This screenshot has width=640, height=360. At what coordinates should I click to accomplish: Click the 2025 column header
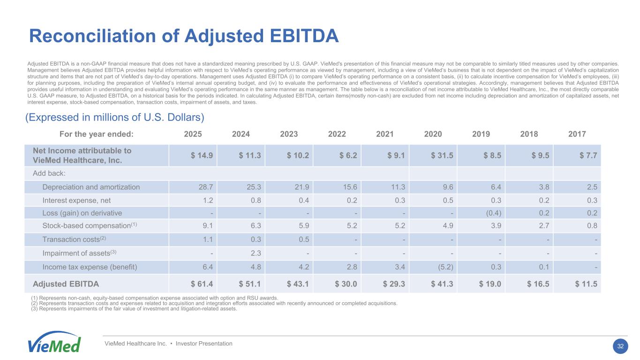coord(193,134)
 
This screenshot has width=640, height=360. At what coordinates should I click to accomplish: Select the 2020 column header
coord(433,134)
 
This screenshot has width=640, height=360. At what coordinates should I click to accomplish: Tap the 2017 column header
coord(577,134)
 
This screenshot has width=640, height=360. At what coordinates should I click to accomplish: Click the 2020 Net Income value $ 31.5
coord(442,156)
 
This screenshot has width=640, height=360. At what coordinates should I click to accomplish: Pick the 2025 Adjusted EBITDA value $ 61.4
coord(202,284)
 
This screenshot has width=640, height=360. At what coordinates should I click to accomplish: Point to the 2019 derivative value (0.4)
coord(493,213)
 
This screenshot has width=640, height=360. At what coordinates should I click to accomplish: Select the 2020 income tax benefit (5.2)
coord(445,267)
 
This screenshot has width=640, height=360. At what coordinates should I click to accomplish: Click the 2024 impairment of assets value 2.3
coord(256,253)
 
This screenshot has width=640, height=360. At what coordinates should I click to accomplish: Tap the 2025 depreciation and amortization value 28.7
coord(206,187)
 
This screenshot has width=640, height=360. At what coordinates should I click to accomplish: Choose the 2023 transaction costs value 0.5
coord(304,240)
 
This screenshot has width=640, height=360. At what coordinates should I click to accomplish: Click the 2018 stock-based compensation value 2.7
coord(544,226)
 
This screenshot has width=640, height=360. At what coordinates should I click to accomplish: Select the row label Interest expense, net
coord(76,201)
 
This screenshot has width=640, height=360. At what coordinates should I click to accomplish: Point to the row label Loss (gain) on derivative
coord(82,213)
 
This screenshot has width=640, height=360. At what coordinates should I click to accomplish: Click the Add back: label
coord(49,173)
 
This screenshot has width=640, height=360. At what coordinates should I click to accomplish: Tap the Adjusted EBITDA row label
coord(66,284)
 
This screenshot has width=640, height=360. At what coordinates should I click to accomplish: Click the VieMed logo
coord(54,342)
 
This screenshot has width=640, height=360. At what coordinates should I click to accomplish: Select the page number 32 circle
coord(620,346)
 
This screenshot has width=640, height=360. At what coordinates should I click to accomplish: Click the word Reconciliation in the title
coord(93,36)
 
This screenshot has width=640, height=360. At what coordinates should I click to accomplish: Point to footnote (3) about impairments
coord(134,309)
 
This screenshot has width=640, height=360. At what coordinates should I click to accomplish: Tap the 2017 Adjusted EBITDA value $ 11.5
coord(586,284)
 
